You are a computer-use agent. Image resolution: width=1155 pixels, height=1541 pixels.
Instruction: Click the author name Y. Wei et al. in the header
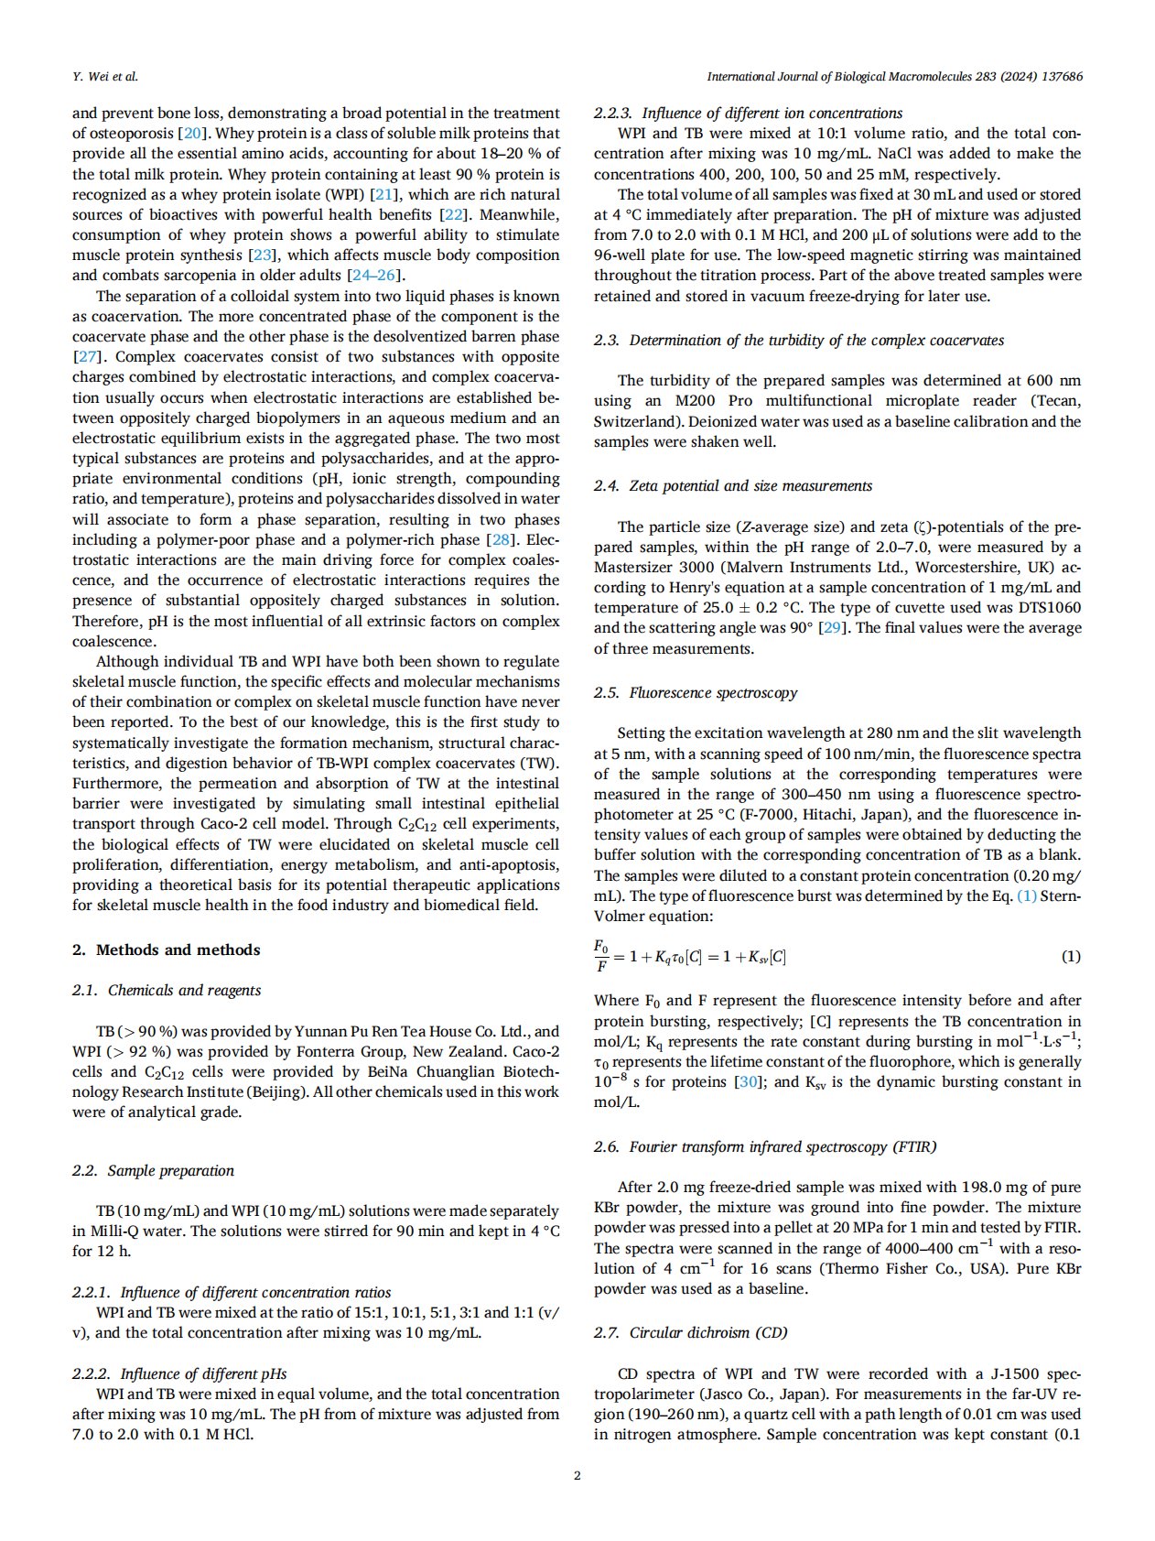pos(105,77)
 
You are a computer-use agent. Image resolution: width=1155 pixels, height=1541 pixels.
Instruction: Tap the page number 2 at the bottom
pos(577,1474)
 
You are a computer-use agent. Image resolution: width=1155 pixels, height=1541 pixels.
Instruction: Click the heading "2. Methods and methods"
pos(166,950)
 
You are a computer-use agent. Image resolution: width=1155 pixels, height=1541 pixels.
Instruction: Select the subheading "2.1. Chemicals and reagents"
pos(167,990)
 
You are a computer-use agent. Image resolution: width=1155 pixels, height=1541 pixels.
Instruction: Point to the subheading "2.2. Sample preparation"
pos(153,1170)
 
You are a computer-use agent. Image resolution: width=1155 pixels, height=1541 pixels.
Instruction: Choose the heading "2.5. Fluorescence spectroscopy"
pos(695,692)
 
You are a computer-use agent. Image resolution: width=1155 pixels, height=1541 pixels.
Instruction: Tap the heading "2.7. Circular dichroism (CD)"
pos(690,1332)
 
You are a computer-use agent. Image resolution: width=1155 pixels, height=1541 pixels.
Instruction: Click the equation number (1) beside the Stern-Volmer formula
pos(1070,957)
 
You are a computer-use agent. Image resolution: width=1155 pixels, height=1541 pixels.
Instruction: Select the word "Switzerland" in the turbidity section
pos(635,422)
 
